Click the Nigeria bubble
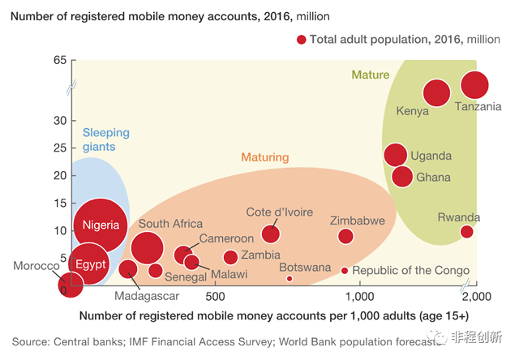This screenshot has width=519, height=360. click(101, 225)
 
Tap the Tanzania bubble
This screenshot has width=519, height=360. click(474, 85)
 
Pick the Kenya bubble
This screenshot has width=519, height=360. click(437, 93)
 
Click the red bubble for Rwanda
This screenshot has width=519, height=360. click(466, 232)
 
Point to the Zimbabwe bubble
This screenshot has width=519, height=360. click(345, 236)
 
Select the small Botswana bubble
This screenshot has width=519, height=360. click(290, 278)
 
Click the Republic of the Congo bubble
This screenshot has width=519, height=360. click(344, 271)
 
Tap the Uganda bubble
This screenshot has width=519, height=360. click(395, 155)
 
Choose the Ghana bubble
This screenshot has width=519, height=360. click(402, 176)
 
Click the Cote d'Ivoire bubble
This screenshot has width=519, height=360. click(271, 234)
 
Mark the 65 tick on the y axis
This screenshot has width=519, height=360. click(59, 61)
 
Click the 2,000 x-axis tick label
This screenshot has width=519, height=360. click(475, 297)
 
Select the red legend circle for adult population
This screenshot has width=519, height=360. click(302, 40)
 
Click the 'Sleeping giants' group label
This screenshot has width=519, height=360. click(105, 139)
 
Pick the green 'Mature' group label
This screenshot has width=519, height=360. click(370, 75)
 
